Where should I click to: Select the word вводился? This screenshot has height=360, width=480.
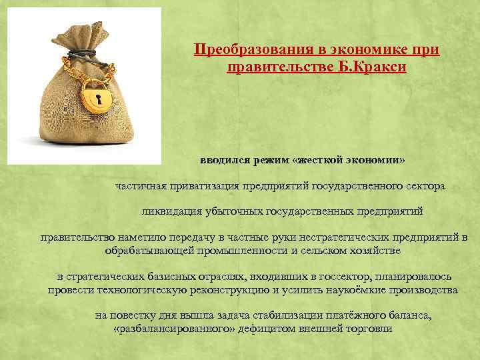coord(223,161)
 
